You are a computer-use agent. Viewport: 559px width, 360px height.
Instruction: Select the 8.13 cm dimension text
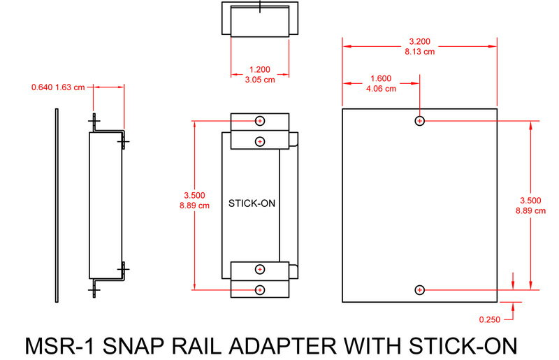click(x=419, y=51)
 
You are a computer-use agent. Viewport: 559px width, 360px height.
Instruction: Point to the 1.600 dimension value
click(x=381, y=78)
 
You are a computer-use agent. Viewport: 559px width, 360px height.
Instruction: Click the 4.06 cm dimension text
click(x=381, y=89)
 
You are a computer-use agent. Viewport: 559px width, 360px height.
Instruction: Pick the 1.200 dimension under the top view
click(x=260, y=70)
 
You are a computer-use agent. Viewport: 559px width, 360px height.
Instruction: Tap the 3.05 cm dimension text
click(x=260, y=80)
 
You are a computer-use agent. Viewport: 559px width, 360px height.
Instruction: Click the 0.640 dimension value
click(x=42, y=87)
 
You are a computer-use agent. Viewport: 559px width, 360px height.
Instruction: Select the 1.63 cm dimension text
click(x=71, y=87)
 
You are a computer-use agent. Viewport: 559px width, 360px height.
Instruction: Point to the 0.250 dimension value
click(x=491, y=319)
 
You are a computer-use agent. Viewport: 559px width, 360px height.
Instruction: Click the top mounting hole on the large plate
click(x=420, y=121)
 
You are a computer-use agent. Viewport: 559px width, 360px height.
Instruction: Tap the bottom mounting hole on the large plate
click(x=420, y=289)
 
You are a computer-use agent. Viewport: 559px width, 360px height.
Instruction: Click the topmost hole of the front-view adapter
click(x=260, y=120)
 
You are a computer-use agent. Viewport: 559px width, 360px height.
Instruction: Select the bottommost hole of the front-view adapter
click(x=260, y=289)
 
